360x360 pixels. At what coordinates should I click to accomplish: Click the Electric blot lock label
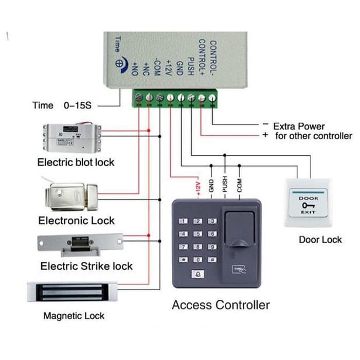pos(76,163)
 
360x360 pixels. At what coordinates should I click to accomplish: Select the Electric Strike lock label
pos(86,266)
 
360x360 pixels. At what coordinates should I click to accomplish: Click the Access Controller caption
pos(221,304)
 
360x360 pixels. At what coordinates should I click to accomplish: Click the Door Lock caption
pos(320,240)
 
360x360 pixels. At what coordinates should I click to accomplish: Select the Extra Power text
pos(299,126)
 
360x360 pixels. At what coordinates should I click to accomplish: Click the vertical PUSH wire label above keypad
pos(225,184)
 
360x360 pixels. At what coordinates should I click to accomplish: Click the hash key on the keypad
pos(212,260)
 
